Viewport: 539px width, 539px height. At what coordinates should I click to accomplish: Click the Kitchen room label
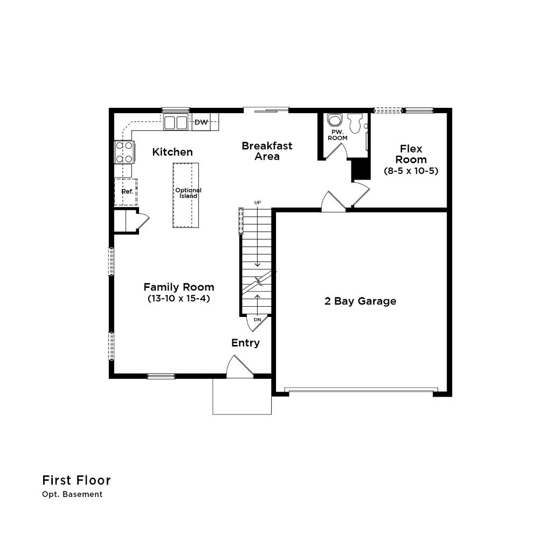pos(172,152)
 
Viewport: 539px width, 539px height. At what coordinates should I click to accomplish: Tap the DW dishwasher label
pos(201,122)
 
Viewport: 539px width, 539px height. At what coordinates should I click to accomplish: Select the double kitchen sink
pos(175,122)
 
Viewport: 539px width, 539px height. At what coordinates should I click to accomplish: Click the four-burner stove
pos(125,152)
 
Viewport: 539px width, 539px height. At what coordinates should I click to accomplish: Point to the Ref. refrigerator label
pos(127,191)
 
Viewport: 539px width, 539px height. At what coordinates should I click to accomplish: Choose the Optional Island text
pos(188,193)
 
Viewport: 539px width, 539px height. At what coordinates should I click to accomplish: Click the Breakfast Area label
pos(267,151)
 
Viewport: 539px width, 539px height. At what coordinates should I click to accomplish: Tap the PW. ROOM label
pos(337,135)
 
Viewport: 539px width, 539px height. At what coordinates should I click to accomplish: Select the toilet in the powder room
pos(355,123)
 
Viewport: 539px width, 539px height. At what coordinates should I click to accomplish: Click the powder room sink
pos(335,120)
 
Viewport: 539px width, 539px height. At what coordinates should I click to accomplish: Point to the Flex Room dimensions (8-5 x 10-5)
pos(411,171)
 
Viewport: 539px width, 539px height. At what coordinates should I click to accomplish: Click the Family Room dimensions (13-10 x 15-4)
pos(179,298)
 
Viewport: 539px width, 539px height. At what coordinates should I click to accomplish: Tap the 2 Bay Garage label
pos(360,301)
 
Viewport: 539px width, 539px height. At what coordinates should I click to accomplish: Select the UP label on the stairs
pos(258,203)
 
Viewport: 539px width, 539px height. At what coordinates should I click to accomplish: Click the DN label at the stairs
pos(258,319)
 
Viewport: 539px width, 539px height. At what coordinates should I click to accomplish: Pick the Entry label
pos(245,343)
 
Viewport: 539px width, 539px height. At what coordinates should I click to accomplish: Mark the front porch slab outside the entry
pos(242,396)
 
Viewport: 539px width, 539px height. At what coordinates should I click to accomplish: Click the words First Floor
pos(77,480)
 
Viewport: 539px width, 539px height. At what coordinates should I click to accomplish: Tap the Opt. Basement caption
pos(72,494)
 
